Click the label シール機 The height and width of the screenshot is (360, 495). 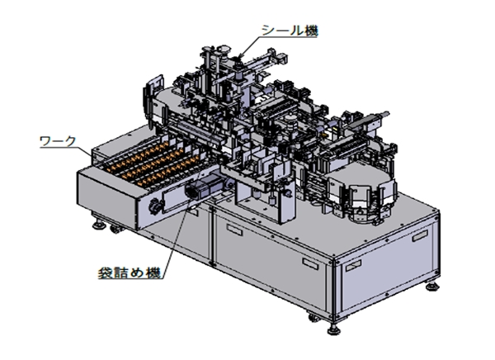pyautogui.click(x=290, y=31)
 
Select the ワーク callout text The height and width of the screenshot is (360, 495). pyautogui.click(x=58, y=141)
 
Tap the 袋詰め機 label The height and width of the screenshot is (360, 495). pyautogui.click(x=130, y=272)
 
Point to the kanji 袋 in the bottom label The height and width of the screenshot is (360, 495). pyautogui.click(x=106, y=272)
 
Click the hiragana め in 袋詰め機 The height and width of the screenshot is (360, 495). pyautogui.click(x=138, y=273)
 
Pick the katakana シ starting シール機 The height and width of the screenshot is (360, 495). pyautogui.click(x=269, y=31)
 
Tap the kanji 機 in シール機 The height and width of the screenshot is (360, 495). pyautogui.click(x=310, y=31)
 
